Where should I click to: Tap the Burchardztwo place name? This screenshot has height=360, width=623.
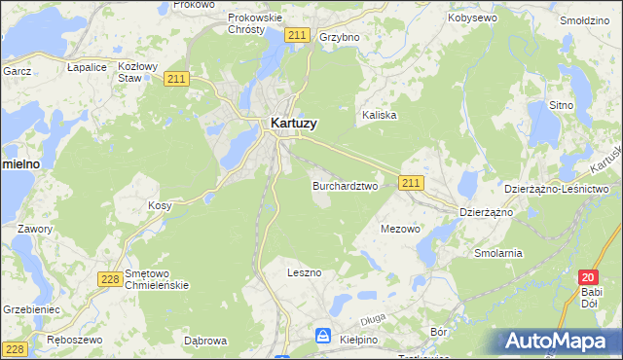click(345, 185)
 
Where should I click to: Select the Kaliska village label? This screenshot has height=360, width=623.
click(380, 115)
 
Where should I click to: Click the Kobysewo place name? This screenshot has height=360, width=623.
click(472, 18)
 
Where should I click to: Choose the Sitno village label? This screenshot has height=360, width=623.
click(561, 104)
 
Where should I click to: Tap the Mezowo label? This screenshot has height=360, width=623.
click(399, 230)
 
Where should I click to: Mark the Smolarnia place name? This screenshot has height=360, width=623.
click(498, 253)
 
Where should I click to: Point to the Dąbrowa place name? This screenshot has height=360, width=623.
click(205, 341)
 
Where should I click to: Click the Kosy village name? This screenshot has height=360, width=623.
click(160, 205)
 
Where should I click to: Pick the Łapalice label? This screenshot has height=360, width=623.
click(87, 68)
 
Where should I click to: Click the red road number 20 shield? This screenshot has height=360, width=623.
click(586, 277)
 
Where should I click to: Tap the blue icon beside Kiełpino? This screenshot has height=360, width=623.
click(323, 336)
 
